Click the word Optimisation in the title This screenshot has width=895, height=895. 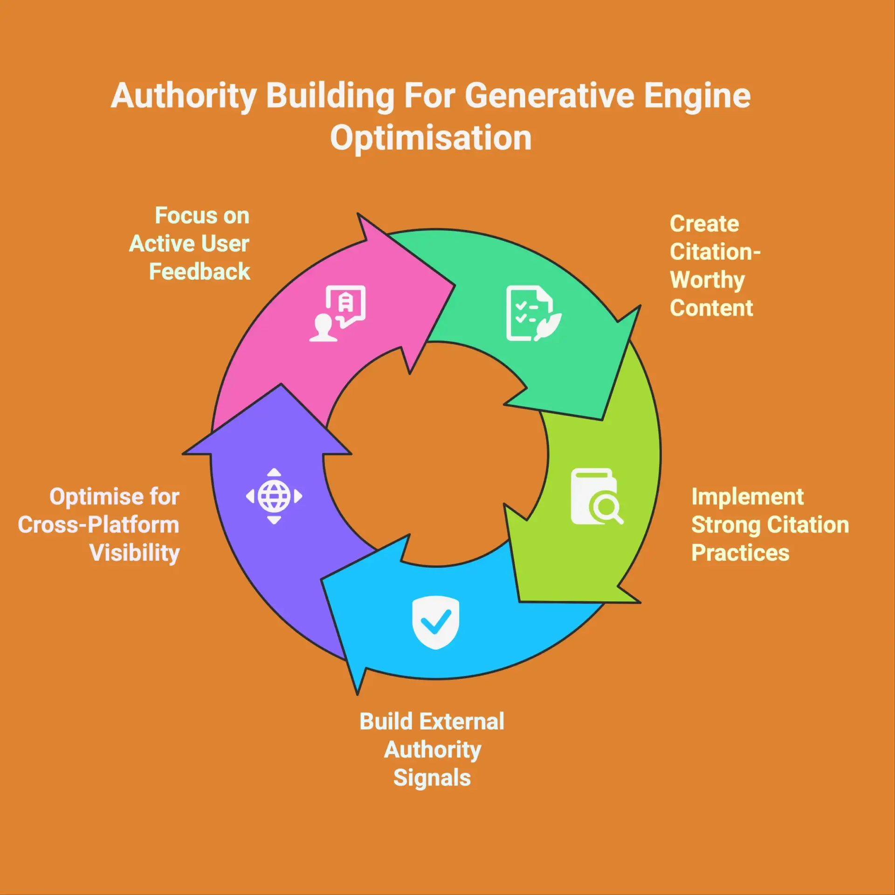(x=431, y=138)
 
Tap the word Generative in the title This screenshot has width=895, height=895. (x=550, y=96)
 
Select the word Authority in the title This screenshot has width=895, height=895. (x=184, y=96)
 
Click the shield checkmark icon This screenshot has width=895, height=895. (x=436, y=622)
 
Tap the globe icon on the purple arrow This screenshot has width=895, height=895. (x=274, y=496)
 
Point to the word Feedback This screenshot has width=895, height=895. (x=200, y=272)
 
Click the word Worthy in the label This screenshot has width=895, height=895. (x=707, y=280)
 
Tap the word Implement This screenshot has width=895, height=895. (x=748, y=497)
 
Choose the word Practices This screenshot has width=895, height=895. (x=740, y=553)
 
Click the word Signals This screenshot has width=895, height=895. (x=432, y=778)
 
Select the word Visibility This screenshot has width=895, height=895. (x=135, y=553)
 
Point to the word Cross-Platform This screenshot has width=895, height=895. (x=99, y=525)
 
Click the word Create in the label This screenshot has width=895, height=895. (x=704, y=224)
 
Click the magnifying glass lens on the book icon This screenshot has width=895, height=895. (x=605, y=507)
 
